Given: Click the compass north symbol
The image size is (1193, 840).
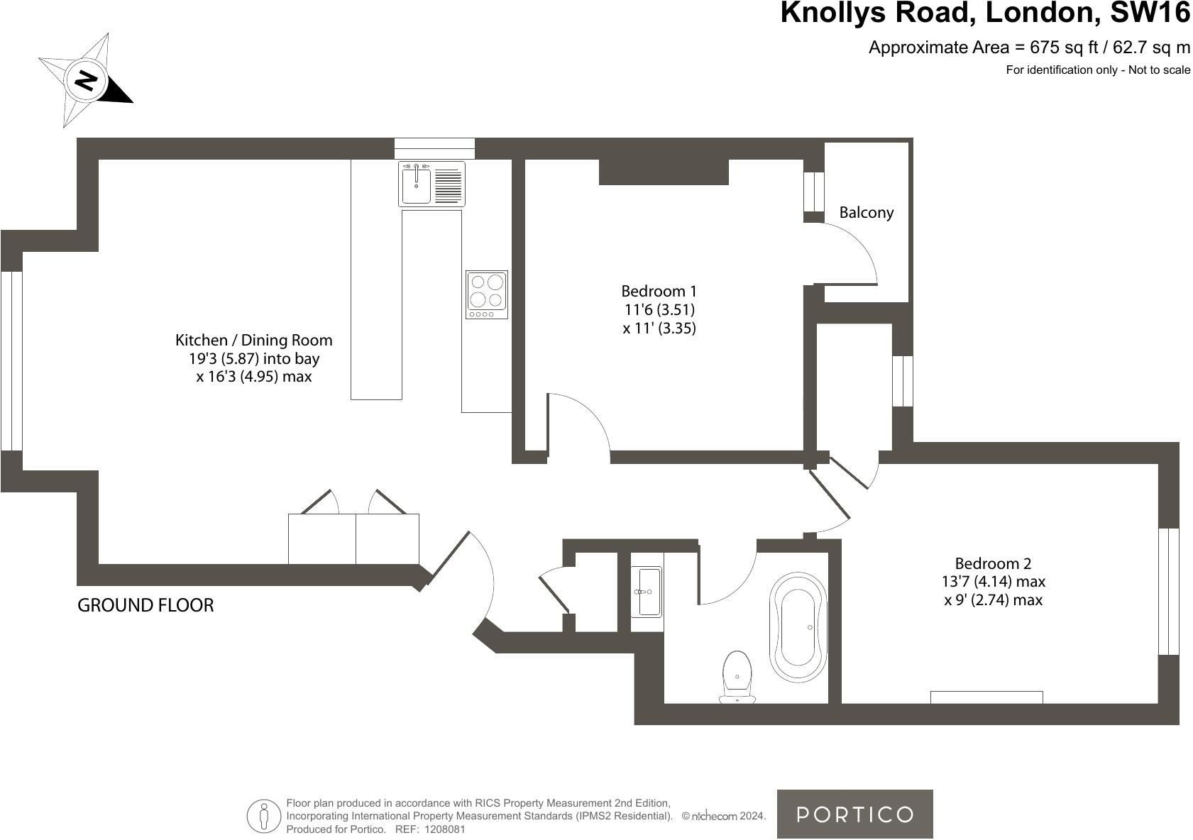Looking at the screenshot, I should pyautogui.click(x=86, y=79).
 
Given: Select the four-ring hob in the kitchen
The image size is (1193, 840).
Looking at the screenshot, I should pyautogui.click(x=487, y=294).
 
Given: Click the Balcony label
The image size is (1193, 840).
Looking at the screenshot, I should pyautogui.click(x=866, y=212).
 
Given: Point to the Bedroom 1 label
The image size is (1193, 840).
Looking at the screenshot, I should pyautogui.click(x=659, y=291).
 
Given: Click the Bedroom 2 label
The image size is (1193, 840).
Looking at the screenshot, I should pyautogui.click(x=993, y=563).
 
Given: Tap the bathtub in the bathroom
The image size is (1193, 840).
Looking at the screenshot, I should pyautogui.click(x=799, y=627).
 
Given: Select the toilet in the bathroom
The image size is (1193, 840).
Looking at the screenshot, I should pyautogui.click(x=737, y=676).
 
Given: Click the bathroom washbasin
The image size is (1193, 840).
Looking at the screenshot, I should pyautogui.click(x=647, y=591).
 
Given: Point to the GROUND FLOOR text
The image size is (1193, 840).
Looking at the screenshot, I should pyautogui.click(x=145, y=605).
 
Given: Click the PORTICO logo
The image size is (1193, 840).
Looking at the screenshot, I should pyautogui.click(x=854, y=814).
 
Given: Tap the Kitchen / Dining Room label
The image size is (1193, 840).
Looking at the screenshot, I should pyautogui.click(x=253, y=340).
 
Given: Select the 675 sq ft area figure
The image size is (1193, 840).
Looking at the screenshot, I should pyautogui.click(x=1061, y=48).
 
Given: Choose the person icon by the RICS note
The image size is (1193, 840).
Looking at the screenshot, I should pyautogui.click(x=264, y=816).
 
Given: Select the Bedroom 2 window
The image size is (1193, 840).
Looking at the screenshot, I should pyautogui.click(x=1168, y=591).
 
